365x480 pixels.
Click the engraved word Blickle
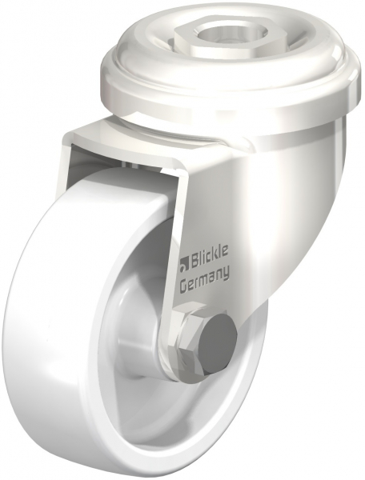[x=210, y=258]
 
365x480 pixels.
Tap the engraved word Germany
[x=205, y=279]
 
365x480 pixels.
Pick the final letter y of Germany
[x=226, y=275]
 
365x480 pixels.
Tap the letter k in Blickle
[x=215, y=257]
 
